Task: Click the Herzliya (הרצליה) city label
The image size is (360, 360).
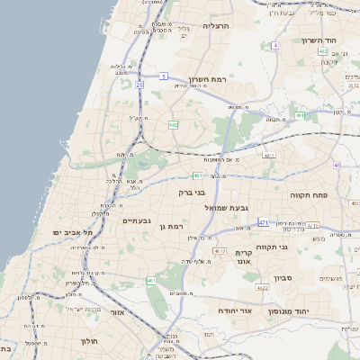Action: tap(217, 26)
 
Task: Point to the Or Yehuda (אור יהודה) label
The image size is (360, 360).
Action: tap(233, 310)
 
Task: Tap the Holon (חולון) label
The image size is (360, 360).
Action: tap(88, 342)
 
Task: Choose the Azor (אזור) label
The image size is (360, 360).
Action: tap(115, 311)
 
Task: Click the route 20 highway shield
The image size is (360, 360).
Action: tap(139, 85)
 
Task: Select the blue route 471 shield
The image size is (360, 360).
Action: tap(264, 221)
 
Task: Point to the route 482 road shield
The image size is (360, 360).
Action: tap(174, 125)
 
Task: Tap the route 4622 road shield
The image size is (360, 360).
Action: tap(260, 288)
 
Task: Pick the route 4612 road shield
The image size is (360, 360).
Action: tap(220, 251)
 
